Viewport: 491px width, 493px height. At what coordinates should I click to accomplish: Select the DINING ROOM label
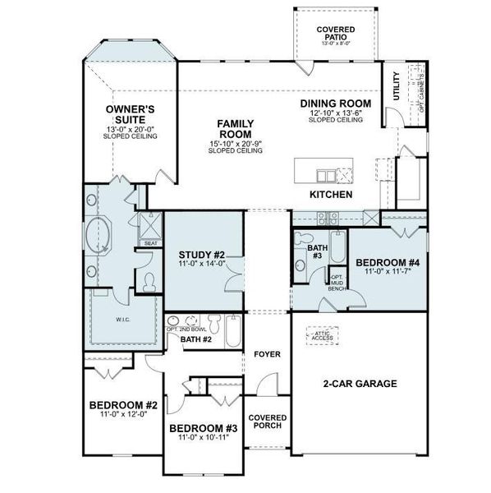tap(335, 104)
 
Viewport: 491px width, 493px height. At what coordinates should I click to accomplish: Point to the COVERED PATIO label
tap(336, 33)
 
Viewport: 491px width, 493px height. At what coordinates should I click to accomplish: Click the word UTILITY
tap(397, 87)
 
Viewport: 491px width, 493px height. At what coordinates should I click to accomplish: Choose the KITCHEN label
tap(331, 195)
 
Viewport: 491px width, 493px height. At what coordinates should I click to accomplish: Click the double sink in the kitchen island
tap(325, 175)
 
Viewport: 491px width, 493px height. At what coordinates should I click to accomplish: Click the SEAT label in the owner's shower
tap(151, 243)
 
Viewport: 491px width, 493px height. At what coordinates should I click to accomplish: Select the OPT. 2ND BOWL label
tap(184, 329)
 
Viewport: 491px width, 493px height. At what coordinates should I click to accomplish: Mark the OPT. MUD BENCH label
tap(337, 282)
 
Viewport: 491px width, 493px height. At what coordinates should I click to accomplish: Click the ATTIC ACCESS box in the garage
tap(323, 334)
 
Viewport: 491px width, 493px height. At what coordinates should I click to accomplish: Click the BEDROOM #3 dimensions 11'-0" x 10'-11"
tap(204, 438)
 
